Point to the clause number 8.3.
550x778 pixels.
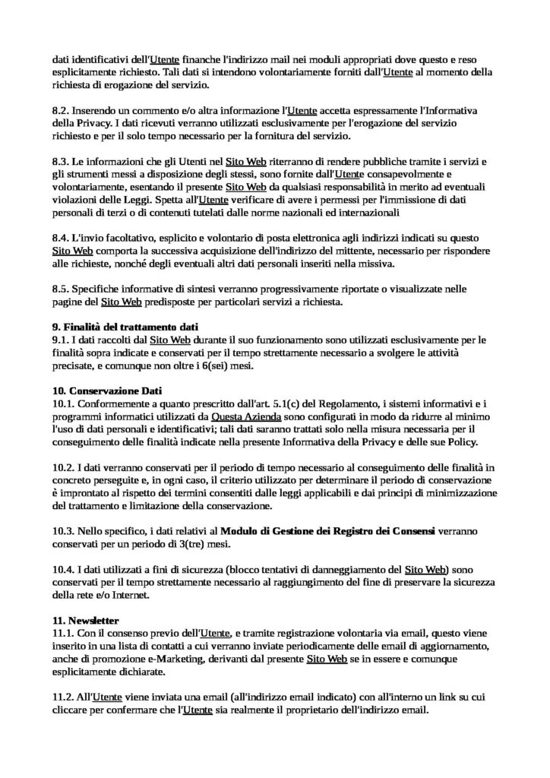61,163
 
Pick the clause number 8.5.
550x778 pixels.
61,290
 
